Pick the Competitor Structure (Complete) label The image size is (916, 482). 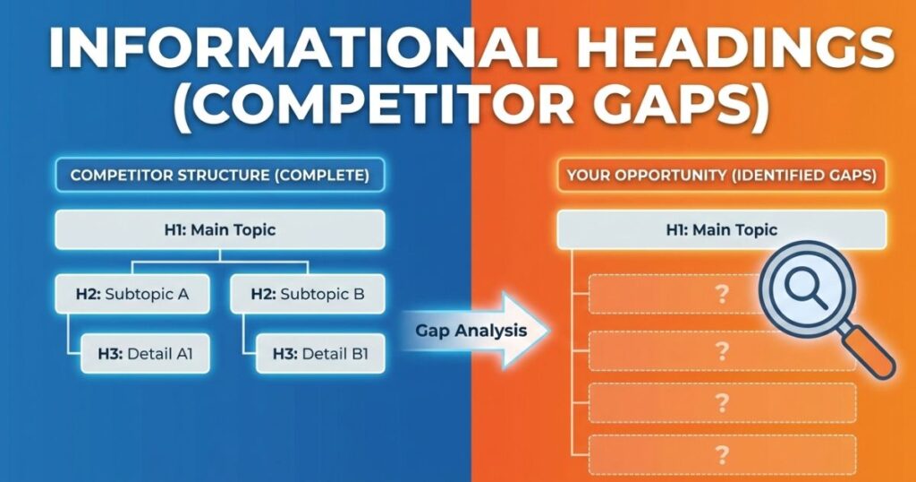(x=220, y=175)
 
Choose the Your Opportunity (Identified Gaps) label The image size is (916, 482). (x=721, y=175)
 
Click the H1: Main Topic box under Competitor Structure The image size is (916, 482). (x=220, y=229)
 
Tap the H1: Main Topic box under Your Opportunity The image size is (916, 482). (x=721, y=229)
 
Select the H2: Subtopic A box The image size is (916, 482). (x=133, y=293)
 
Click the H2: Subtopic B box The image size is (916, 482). (x=308, y=293)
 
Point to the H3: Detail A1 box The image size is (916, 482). (x=145, y=353)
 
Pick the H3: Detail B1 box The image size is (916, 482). (x=319, y=353)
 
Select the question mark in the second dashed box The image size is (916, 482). (x=722, y=350)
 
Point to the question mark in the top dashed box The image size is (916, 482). (x=722, y=295)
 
